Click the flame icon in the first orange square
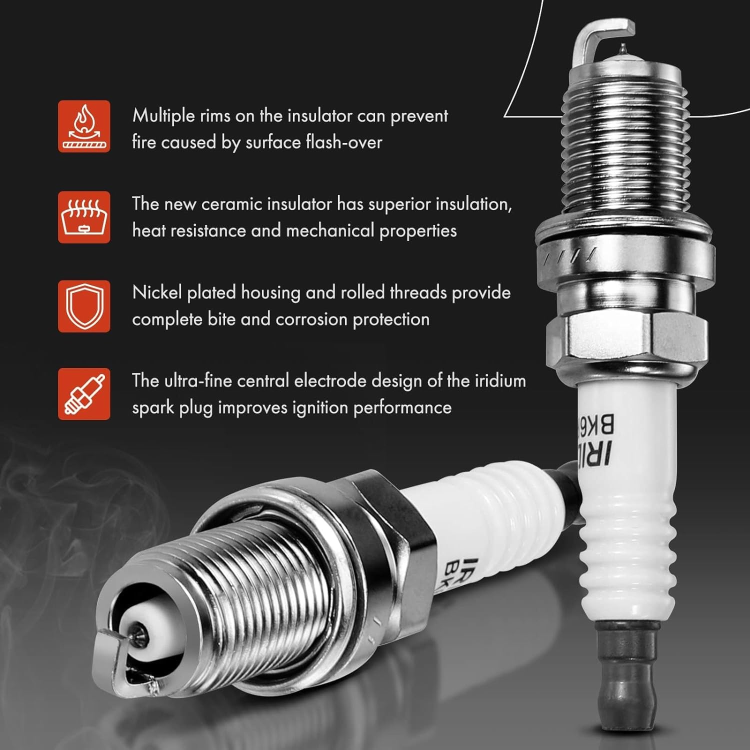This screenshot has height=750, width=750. coord(84,126)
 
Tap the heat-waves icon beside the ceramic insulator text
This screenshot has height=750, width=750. coord(84,217)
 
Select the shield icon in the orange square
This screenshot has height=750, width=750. coord(84,305)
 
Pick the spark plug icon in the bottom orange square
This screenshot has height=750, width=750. coord(84,394)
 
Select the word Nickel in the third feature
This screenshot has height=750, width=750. coord(157,292)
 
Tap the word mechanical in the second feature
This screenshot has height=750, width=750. coord(330,231)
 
